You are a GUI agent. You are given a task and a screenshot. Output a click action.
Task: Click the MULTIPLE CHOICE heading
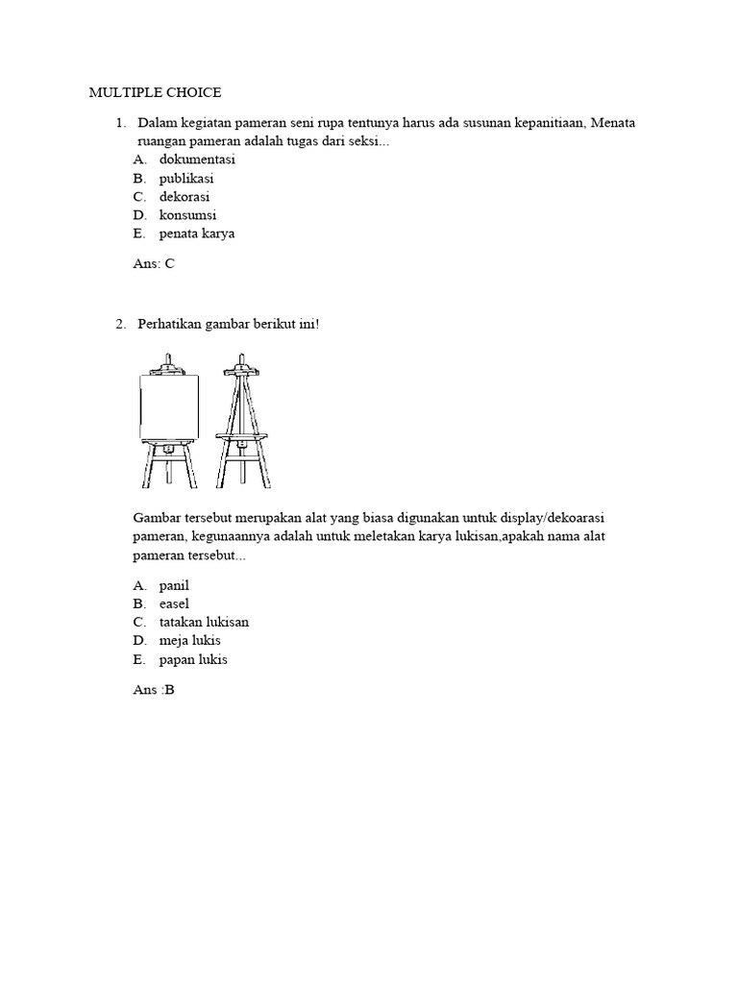pyautogui.click(x=155, y=92)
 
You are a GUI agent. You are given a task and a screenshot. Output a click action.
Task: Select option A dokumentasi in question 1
pyautogui.click(x=197, y=160)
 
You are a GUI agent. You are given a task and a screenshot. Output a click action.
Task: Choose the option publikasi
pyautogui.click(x=186, y=179)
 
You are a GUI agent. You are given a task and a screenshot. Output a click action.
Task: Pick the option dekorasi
pyautogui.click(x=184, y=197)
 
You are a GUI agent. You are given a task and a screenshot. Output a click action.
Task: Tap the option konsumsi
pyautogui.click(x=187, y=215)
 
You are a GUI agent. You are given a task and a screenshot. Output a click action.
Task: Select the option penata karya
pyautogui.click(x=197, y=234)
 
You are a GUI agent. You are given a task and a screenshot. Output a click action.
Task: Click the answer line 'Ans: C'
pyautogui.click(x=154, y=263)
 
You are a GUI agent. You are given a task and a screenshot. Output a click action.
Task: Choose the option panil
pyautogui.click(x=174, y=585)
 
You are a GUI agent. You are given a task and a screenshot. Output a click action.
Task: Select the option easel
pyautogui.click(x=174, y=603)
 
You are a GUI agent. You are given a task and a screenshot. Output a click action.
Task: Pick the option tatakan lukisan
pyautogui.click(x=204, y=622)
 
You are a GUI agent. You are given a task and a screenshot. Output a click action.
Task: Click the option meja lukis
pyautogui.click(x=190, y=640)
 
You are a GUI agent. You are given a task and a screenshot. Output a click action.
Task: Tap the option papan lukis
pyautogui.click(x=193, y=659)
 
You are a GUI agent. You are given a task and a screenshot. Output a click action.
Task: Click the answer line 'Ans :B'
pyautogui.click(x=155, y=689)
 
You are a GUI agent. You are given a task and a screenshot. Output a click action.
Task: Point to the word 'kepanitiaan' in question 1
pyautogui.click(x=548, y=123)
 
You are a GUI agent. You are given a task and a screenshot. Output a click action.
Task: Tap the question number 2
pyautogui.click(x=120, y=325)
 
